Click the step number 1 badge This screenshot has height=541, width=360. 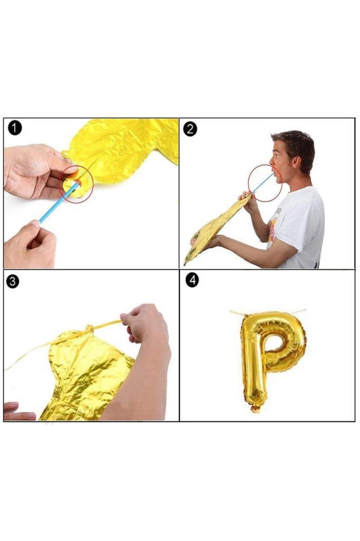click(x=14, y=128)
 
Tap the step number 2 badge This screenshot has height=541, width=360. click(x=191, y=129)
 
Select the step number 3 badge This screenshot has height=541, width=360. click(x=13, y=281)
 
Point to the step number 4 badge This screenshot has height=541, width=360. click(x=192, y=280)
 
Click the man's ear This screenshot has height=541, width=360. click(x=296, y=161)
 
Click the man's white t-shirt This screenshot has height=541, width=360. click(x=300, y=228)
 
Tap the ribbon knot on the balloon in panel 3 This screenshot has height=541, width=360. click(x=90, y=329)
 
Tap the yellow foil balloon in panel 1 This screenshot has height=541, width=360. click(x=121, y=152)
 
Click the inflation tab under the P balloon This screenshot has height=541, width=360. click(x=255, y=409)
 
